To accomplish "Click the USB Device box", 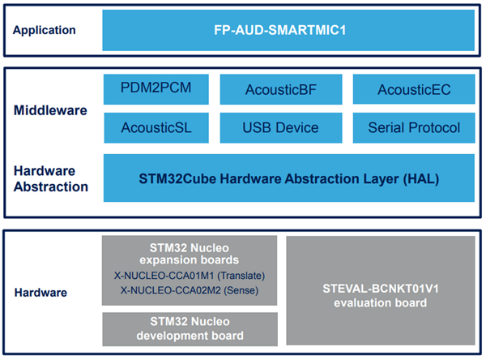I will coord(280,127).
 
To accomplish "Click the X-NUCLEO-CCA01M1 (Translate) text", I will coord(189,274).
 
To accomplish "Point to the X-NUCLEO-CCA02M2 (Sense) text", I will coord(189,289).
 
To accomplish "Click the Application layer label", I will coord(45,31).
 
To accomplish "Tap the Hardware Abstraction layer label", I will coord(51,179).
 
